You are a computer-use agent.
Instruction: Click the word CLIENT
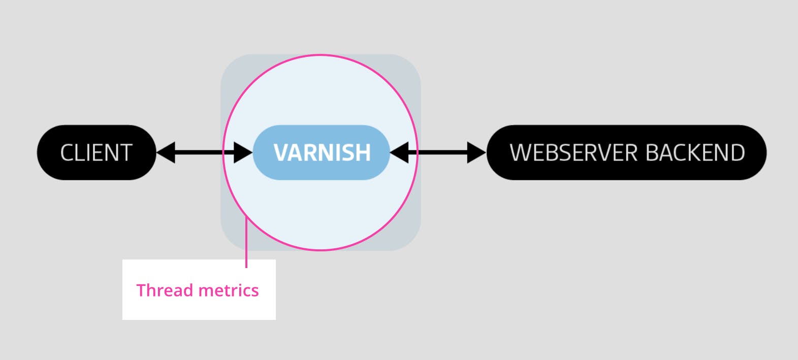pos(96,153)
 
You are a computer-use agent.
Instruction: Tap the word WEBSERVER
pos(567,153)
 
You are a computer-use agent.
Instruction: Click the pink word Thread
pos(165,290)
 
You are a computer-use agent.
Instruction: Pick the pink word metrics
pos(229,290)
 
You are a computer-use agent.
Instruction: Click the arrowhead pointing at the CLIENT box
pos(166,152)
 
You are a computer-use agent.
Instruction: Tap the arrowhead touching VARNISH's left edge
pos(243,152)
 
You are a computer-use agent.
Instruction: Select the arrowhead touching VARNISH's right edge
pos(400,152)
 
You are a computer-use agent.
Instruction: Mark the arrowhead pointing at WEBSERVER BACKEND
pos(476,152)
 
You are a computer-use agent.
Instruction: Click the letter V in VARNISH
pos(280,153)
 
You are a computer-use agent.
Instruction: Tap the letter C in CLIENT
pos(67,153)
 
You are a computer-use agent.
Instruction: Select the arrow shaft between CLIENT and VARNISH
pos(203,152)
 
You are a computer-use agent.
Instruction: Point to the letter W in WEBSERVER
pos(520,153)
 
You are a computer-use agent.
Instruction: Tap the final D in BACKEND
pos(737,153)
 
